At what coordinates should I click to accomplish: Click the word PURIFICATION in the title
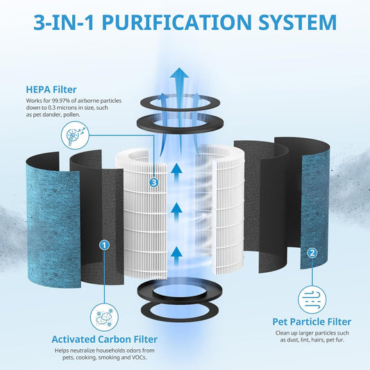point(177,22)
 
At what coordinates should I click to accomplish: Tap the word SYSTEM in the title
point(298,22)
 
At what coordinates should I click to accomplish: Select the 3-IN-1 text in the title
point(64,22)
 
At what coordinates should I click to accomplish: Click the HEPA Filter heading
point(51,90)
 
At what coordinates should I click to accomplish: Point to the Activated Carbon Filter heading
point(105,339)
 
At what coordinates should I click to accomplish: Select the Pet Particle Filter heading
point(312,321)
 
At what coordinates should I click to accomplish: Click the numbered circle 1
point(105,245)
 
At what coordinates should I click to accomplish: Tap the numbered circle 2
point(312,253)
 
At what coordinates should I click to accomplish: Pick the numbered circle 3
point(154,183)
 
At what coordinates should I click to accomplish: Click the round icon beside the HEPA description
point(75,135)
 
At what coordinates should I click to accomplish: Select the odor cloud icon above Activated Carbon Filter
point(104,317)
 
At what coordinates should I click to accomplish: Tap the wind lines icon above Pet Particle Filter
point(312,299)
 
